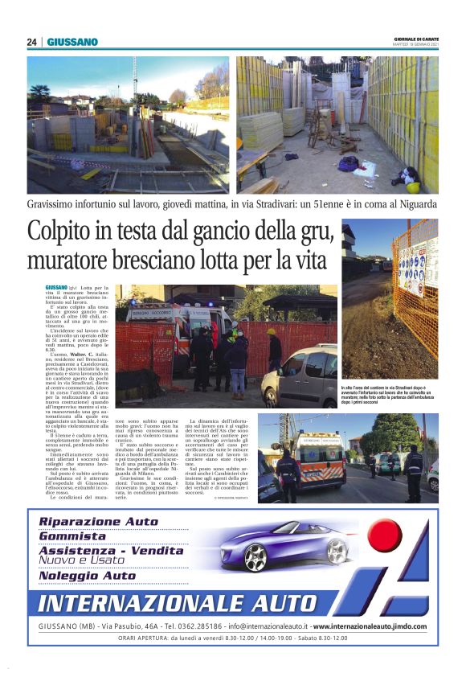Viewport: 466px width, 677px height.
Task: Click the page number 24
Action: pyautogui.click(x=31, y=42)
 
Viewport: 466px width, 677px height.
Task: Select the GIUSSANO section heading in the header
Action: pyautogui.click(x=72, y=42)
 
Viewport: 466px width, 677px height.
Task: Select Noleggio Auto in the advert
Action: pyautogui.click(x=88, y=576)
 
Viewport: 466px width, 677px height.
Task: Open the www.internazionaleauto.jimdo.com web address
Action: pyautogui.click(x=369, y=626)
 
